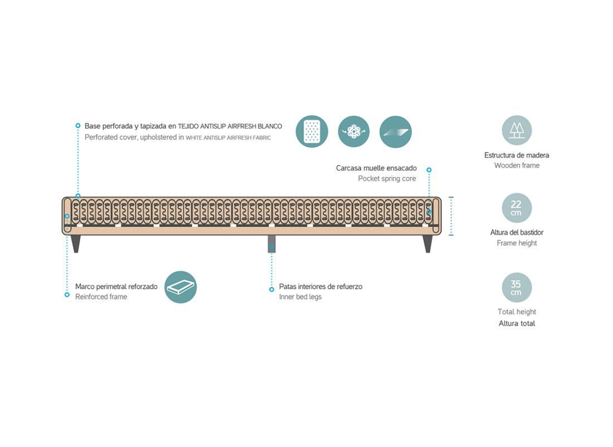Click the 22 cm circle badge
[x=517, y=208]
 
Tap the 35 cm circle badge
[x=517, y=288]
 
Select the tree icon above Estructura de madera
[x=517, y=130]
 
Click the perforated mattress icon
[x=312, y=131]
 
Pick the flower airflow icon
[x=354, y=131]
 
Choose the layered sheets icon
[x=396, y=131]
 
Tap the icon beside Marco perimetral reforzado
[x=180, y=287]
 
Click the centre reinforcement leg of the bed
[x=272, y=244]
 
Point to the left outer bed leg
[x=76, y=244]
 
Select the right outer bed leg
[x=428, y=244]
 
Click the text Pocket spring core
[x=387, y=179]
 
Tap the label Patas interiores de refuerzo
[x=320, y=287]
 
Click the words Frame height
[x=517, y=243]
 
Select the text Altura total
[x=517, y=323]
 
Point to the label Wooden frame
[x=517, y=165]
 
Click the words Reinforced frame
[x=101, y=297]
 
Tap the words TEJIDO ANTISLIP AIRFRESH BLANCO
[x=230, y=126]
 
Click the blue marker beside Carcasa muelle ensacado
[x=429, y=170]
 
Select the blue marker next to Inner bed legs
[x=272, y=289]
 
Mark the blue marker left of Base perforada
[x=78, y=126]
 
